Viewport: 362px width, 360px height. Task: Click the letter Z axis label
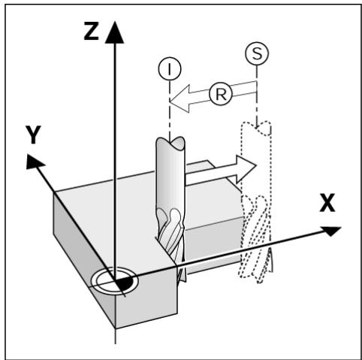(91, 31)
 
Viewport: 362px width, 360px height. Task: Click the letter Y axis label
(33, 135)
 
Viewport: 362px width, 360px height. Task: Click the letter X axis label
(327, 203)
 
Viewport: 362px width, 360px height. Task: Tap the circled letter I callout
(170, 68)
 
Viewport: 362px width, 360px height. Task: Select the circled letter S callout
(257, 53)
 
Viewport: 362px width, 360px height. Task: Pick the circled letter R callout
(221, 95)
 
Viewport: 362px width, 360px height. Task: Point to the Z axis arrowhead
(115, 32)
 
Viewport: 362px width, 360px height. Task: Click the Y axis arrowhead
(35, 162)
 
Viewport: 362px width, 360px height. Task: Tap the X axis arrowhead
(330, 231)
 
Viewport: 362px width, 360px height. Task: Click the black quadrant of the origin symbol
(125, 283)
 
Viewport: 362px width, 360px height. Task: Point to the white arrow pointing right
(221, 168)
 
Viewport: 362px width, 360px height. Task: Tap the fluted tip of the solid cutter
(170, 241)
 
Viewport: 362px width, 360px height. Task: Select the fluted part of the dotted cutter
(255, 239)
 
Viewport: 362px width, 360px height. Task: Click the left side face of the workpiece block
(84, 258)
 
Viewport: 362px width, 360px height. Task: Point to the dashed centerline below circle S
(257, 96)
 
